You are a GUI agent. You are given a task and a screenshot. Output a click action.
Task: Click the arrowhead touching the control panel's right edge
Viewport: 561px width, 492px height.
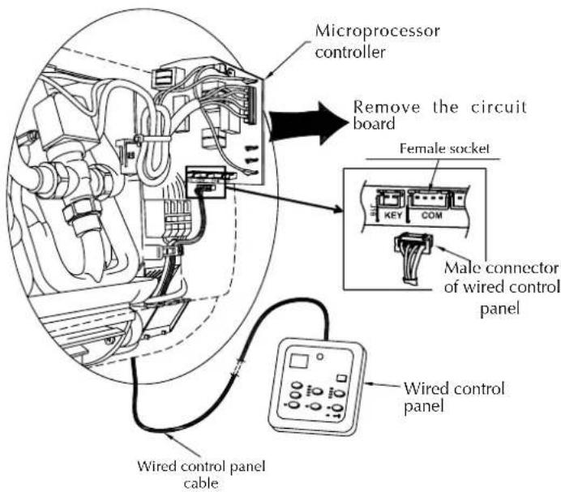click(371, 384)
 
